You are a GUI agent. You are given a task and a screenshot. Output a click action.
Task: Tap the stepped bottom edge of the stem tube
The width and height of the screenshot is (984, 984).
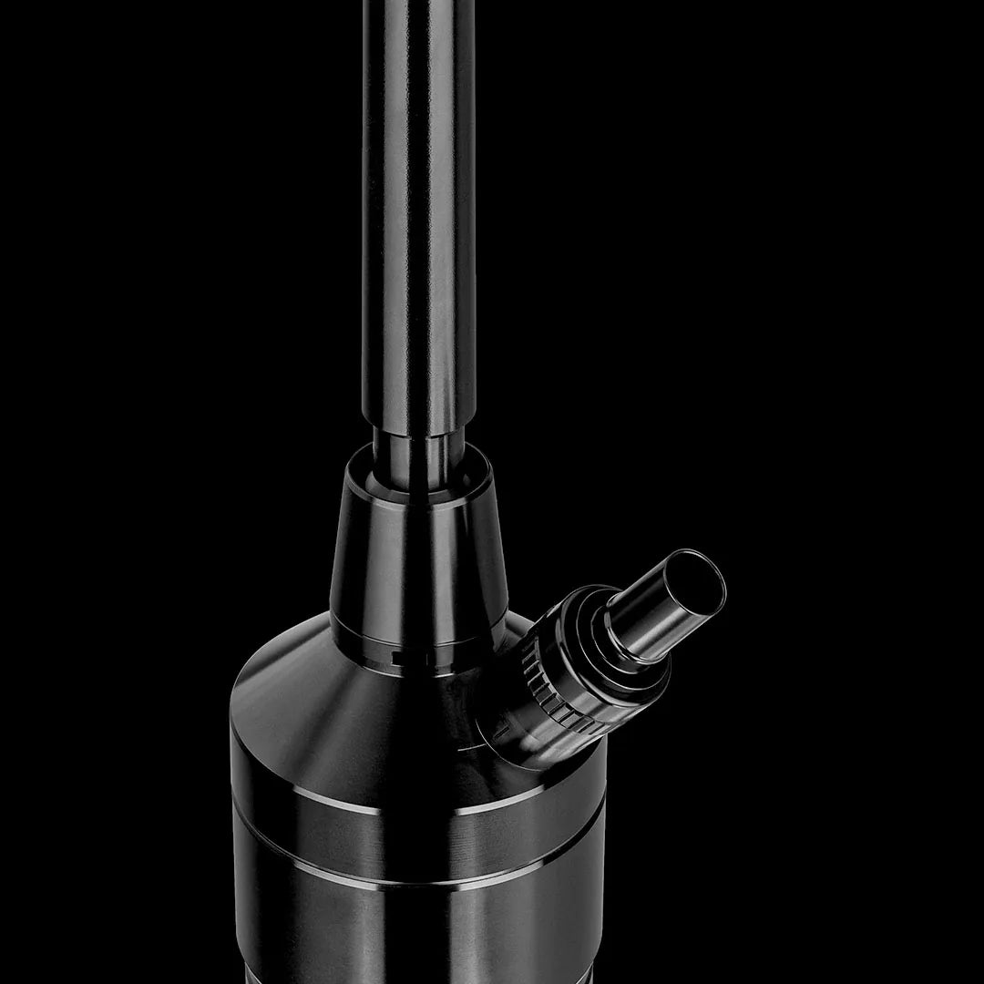(418, 425)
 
